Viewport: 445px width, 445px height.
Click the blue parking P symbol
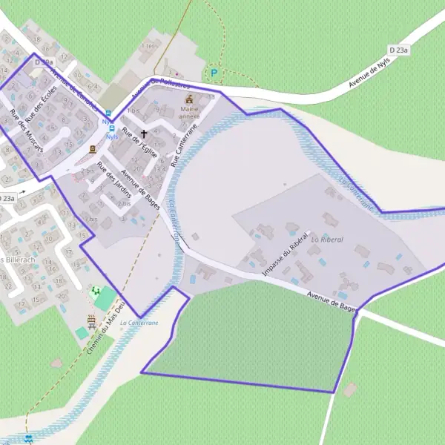point(214,73)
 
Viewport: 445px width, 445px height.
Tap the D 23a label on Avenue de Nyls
point(399,50)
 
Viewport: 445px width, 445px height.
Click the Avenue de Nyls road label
point(369,74)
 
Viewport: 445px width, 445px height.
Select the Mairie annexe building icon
point(189,99)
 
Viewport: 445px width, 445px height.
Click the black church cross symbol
point(144,134)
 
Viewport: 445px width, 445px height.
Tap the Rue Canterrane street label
point(185,145)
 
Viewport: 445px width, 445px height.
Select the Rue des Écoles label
point(41,103)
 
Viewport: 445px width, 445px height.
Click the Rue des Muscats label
point(26,132)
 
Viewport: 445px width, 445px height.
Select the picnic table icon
point(92,321)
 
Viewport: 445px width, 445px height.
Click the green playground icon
point(96,291)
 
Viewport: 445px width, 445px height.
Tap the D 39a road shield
point(44,63)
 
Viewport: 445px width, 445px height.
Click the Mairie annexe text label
point(190,113)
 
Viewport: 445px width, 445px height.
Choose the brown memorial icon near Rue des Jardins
point(93,149)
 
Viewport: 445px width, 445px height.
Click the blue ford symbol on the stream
point(28,439)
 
